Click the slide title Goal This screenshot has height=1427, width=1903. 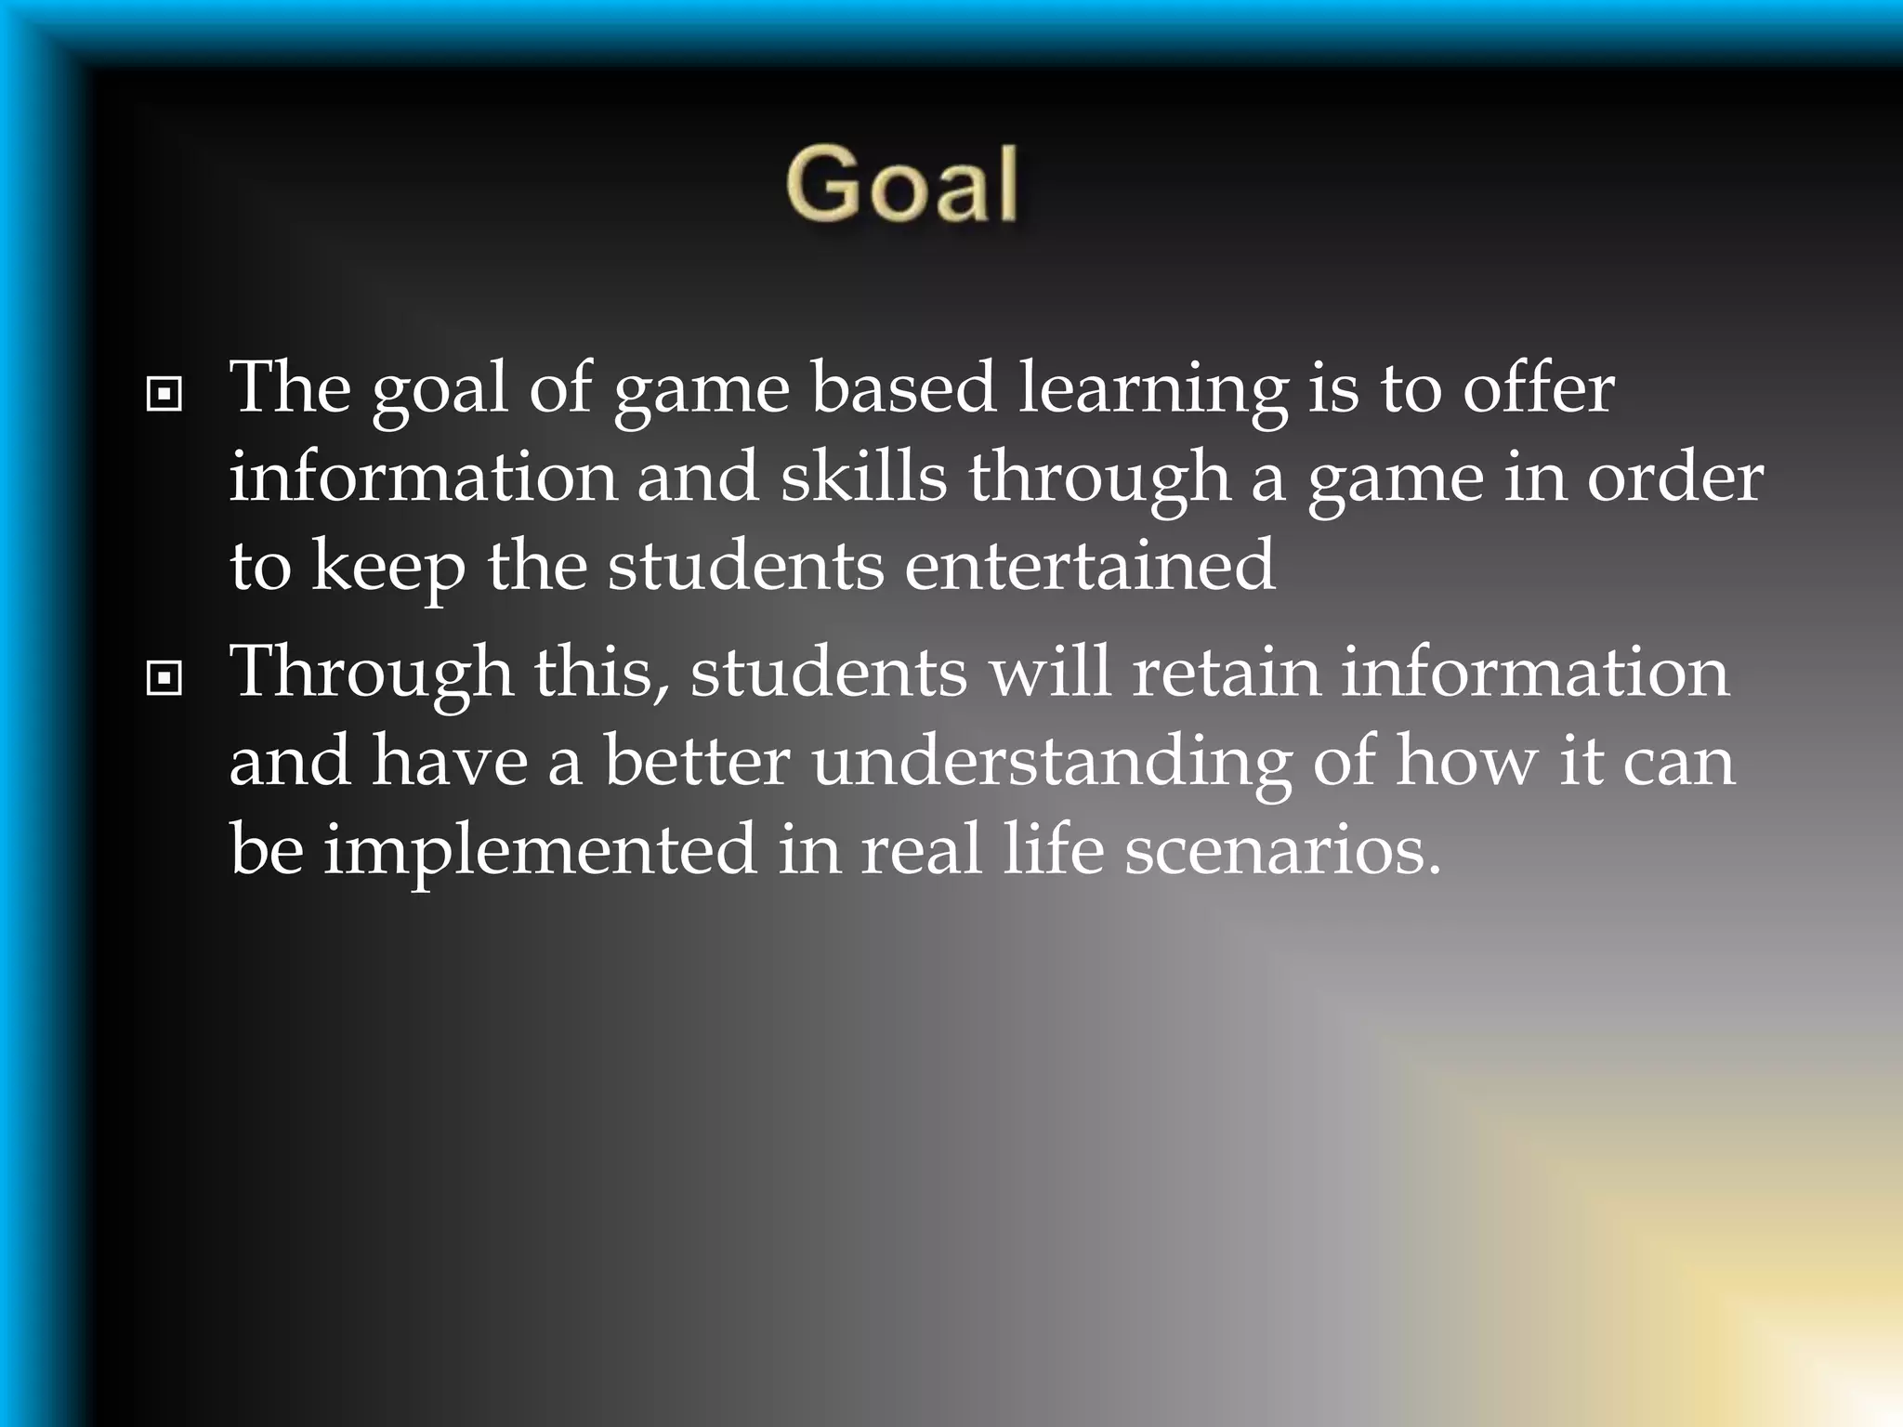(901, 185)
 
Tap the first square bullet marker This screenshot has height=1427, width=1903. (164, 395)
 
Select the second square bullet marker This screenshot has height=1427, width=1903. (164, 679)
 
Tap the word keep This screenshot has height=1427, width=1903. (388, 567)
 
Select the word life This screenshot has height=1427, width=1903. (1053, 849)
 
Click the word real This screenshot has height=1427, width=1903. (921, 849)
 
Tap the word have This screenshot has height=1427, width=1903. (450, 760)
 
